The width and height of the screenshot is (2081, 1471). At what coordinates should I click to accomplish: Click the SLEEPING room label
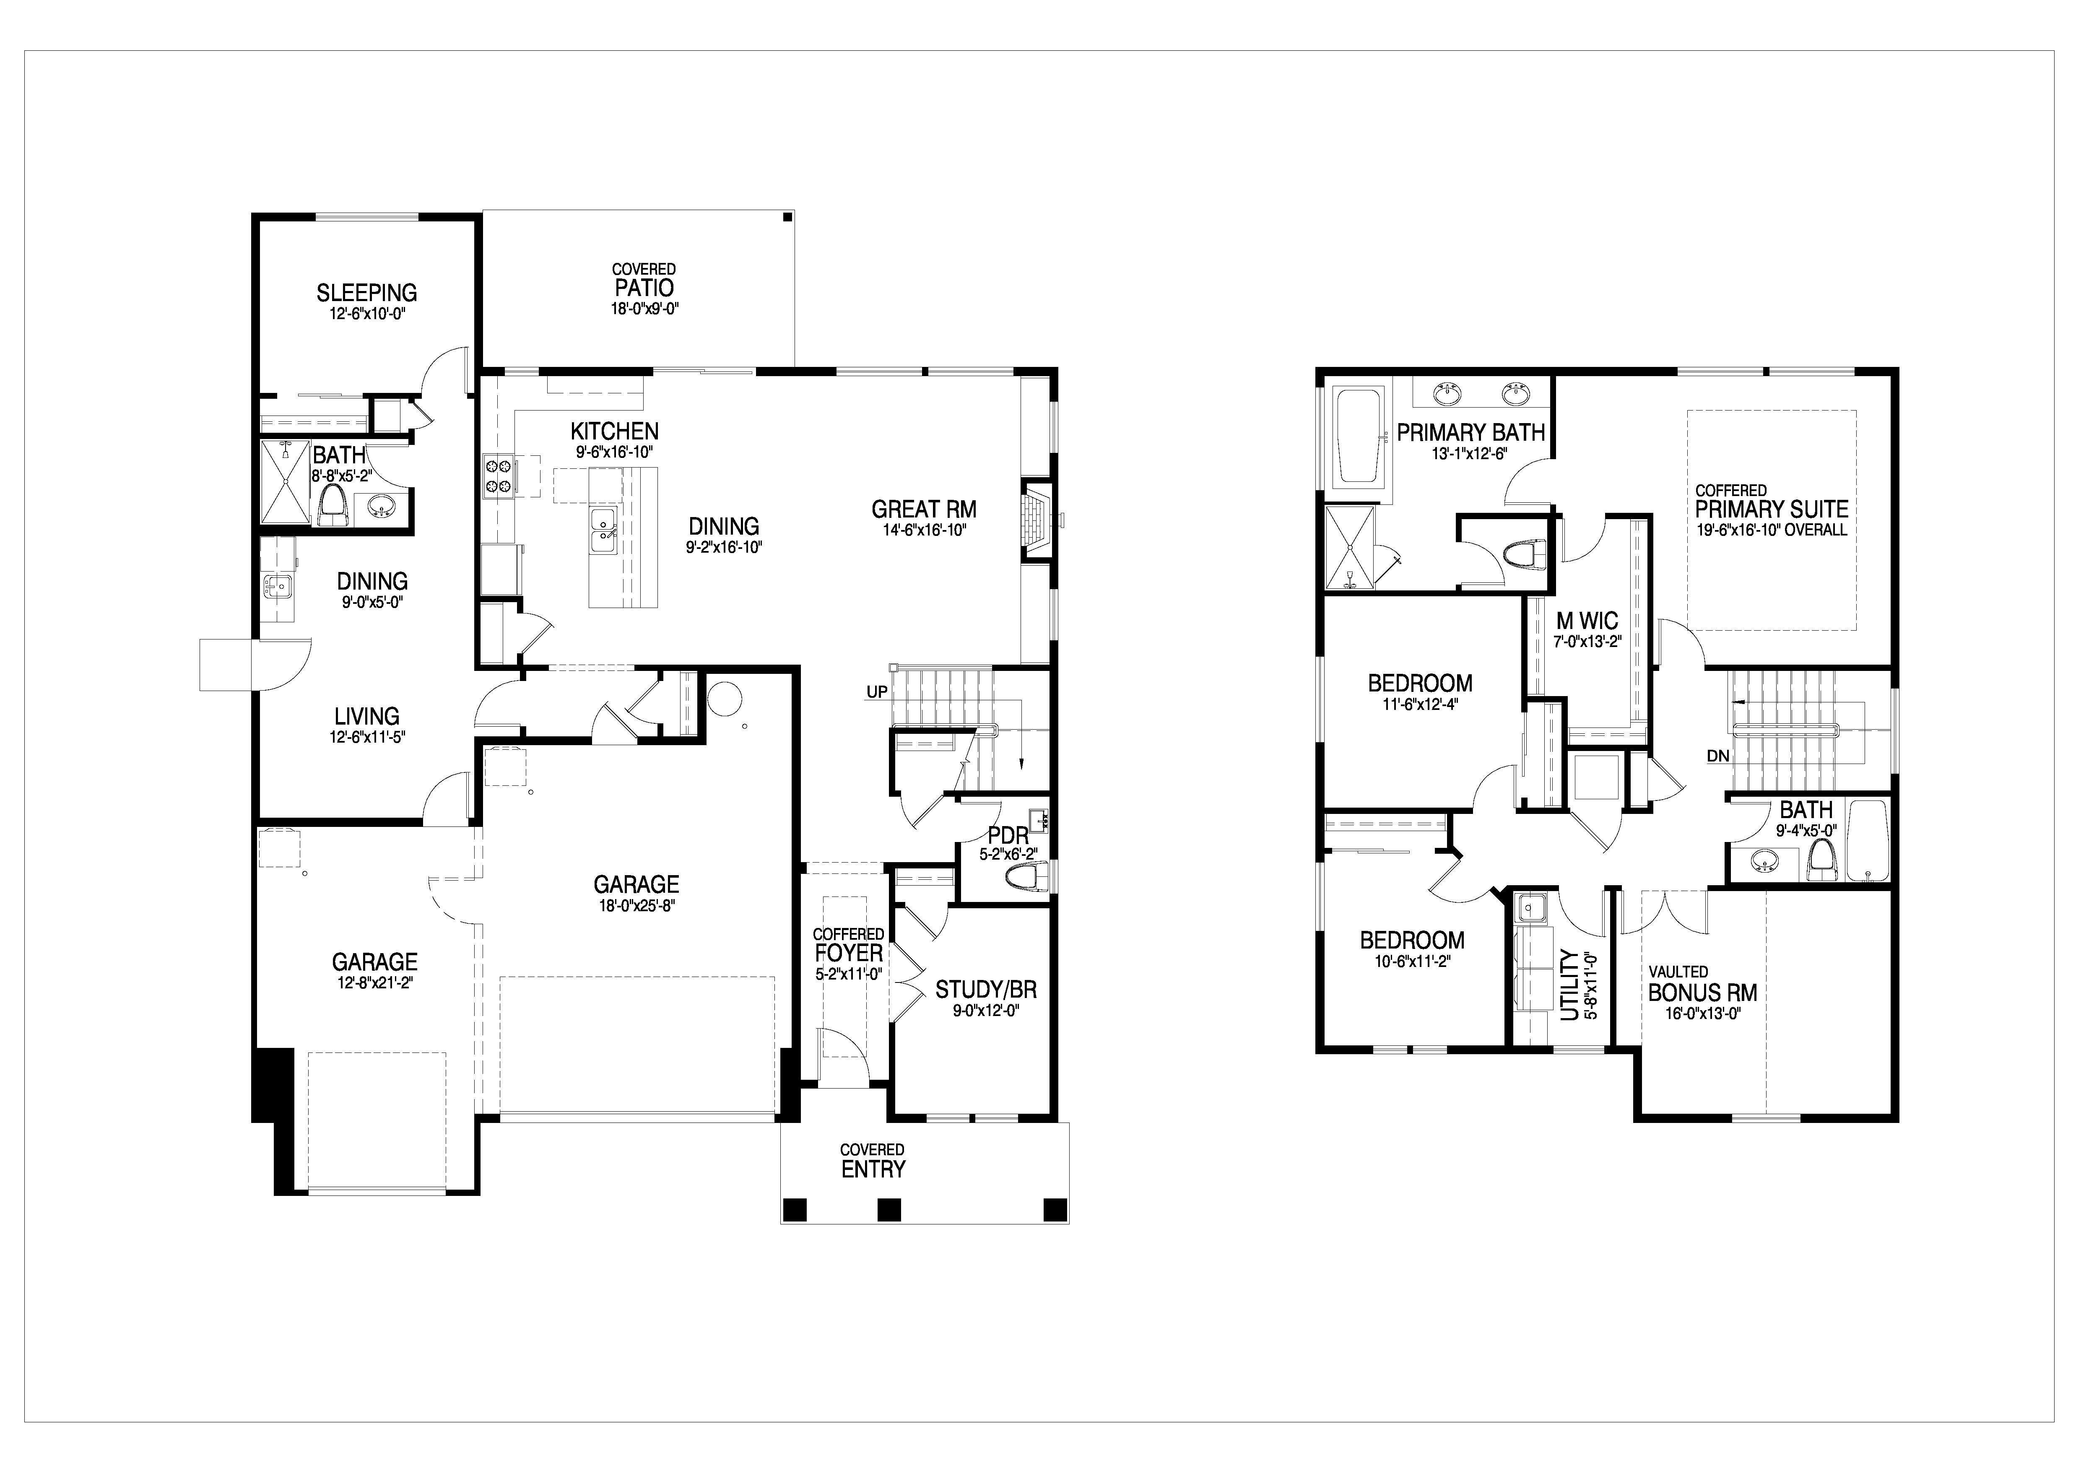pos(367,293)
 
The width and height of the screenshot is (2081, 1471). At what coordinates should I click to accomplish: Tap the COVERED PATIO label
pos(644,281)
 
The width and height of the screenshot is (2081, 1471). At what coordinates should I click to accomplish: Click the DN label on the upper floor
pos(1717,756)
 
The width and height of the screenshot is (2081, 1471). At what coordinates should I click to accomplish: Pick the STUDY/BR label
pos(986,990)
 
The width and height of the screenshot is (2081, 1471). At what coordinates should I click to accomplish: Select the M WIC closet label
pos(1587,621)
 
